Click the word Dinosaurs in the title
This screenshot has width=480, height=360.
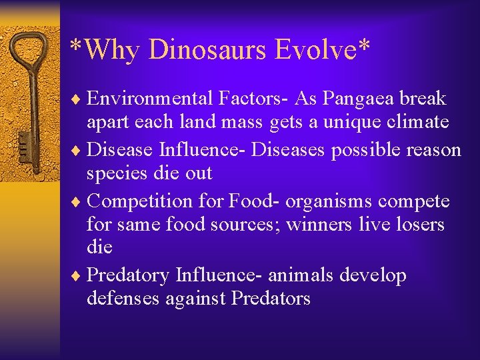[208, 49]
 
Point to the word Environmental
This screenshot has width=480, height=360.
[149, 99]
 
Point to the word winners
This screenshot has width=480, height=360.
[319, 225]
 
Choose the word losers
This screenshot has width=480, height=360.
[419, 225]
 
